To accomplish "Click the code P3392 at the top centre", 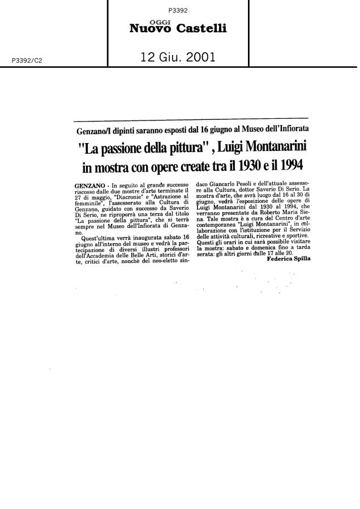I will point(178,10).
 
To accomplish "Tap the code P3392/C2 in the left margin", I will point(20,58).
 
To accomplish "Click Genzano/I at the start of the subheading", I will point(94,130).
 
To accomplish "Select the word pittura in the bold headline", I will point(173,149).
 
